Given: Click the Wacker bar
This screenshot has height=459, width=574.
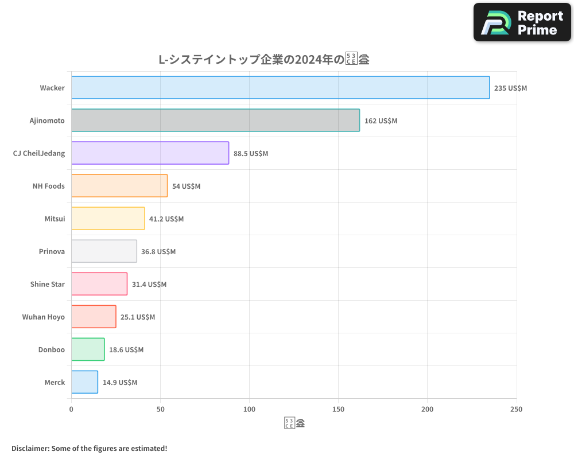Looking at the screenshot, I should point(280,88).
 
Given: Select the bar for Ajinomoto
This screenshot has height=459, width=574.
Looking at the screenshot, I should point(215,120).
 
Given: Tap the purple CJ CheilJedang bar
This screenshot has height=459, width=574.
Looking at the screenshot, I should point(150,153).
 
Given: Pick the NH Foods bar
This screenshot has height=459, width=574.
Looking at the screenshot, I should point(119,186).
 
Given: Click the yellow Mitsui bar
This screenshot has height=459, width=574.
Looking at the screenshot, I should point(108,219).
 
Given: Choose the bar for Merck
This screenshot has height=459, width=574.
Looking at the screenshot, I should point(84,382).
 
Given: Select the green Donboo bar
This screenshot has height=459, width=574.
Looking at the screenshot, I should point(88,349).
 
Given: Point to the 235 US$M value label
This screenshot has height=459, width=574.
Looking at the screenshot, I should point(510,88).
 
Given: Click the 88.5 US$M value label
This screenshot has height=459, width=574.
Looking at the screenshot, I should point(250,154).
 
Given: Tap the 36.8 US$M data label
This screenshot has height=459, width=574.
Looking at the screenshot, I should point(158,252).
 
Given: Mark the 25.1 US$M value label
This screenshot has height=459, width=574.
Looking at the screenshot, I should point(138,317).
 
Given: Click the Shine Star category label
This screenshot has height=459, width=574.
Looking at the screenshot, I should point(48,285).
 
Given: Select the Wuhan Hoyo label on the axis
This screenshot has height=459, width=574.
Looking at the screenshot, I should point(44,317).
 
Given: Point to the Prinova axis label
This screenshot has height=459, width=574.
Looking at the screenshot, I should point(52,252).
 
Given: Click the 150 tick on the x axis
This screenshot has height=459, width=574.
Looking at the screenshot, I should point(338,410).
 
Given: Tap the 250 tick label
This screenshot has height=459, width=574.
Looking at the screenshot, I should point(515,410).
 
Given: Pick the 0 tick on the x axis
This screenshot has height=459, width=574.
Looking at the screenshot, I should point(71,410).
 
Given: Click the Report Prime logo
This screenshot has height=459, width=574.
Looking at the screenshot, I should point(522,22).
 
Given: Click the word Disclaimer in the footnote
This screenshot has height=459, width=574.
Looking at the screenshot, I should point(30,448).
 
